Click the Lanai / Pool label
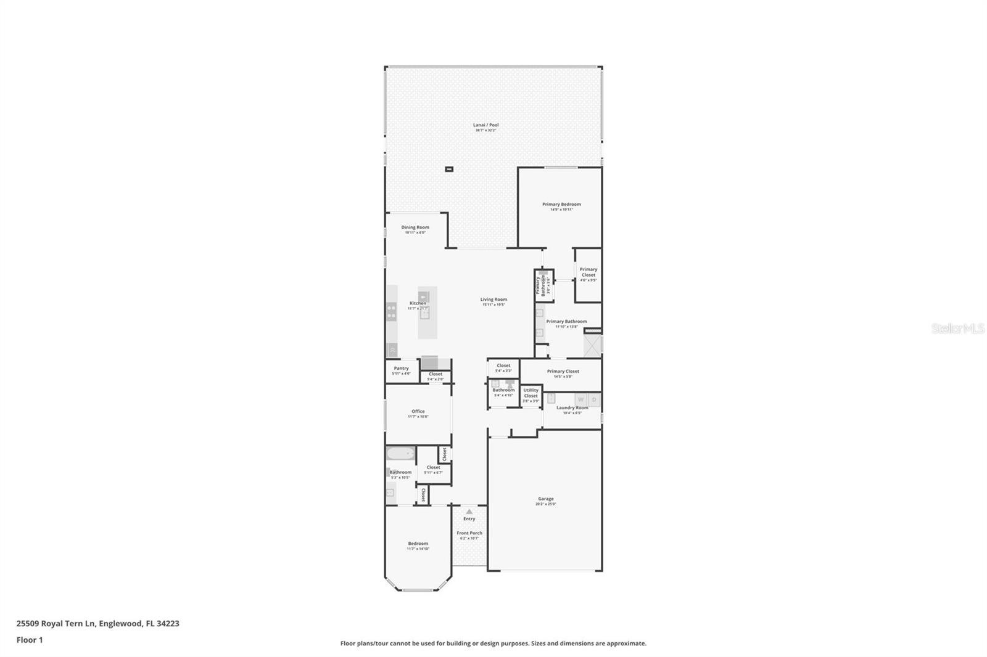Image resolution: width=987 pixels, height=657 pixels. [486, 125]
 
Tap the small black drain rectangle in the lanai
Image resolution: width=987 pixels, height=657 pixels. [449, 169]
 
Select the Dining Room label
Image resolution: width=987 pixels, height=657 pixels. [415, 227]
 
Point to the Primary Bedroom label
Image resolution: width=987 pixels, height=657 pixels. [561, 204]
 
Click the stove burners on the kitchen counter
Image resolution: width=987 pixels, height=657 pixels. [391, 312]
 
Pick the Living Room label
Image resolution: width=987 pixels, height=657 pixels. [493, 300]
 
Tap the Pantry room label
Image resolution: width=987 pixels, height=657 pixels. [401, 369]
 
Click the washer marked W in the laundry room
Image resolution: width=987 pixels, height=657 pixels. [580, 399]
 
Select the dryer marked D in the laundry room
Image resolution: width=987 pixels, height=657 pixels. [594, 399]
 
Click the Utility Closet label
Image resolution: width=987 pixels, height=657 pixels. [531, 392]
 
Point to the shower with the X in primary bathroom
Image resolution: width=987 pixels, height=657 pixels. [593, 346]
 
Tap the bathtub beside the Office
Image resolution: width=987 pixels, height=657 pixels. [400, 454]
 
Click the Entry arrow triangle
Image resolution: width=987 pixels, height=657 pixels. [469, 512]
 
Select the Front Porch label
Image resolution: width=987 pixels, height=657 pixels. [469, 533]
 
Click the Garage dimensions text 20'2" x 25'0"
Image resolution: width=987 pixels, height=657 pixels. [545, 504]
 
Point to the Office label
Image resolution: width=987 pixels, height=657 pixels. [418, 411]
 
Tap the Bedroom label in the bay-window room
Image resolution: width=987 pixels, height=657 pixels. [418, 544]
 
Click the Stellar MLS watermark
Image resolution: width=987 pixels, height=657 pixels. [957, 329]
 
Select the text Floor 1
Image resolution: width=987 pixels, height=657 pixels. [30, 640]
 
